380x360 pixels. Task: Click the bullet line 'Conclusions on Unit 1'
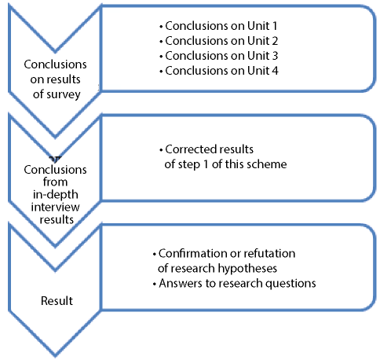[x=218, y=26]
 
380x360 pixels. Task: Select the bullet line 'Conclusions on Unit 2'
[x=218, y=41]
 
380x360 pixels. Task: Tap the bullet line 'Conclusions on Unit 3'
[x=218, y=56]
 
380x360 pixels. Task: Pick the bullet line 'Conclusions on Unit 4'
[x=218, y=71]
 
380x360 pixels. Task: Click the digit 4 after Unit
[x=275, y=71]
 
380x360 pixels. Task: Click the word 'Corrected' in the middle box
[x=190, y=149]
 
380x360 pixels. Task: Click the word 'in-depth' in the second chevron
[x=56, y=195]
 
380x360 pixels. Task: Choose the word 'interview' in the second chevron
[x=55, y=208]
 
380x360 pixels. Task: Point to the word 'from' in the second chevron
[x=55, y=182]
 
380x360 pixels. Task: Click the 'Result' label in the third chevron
[x=57, y=301]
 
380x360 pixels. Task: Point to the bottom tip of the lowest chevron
[x=55, y=357]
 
